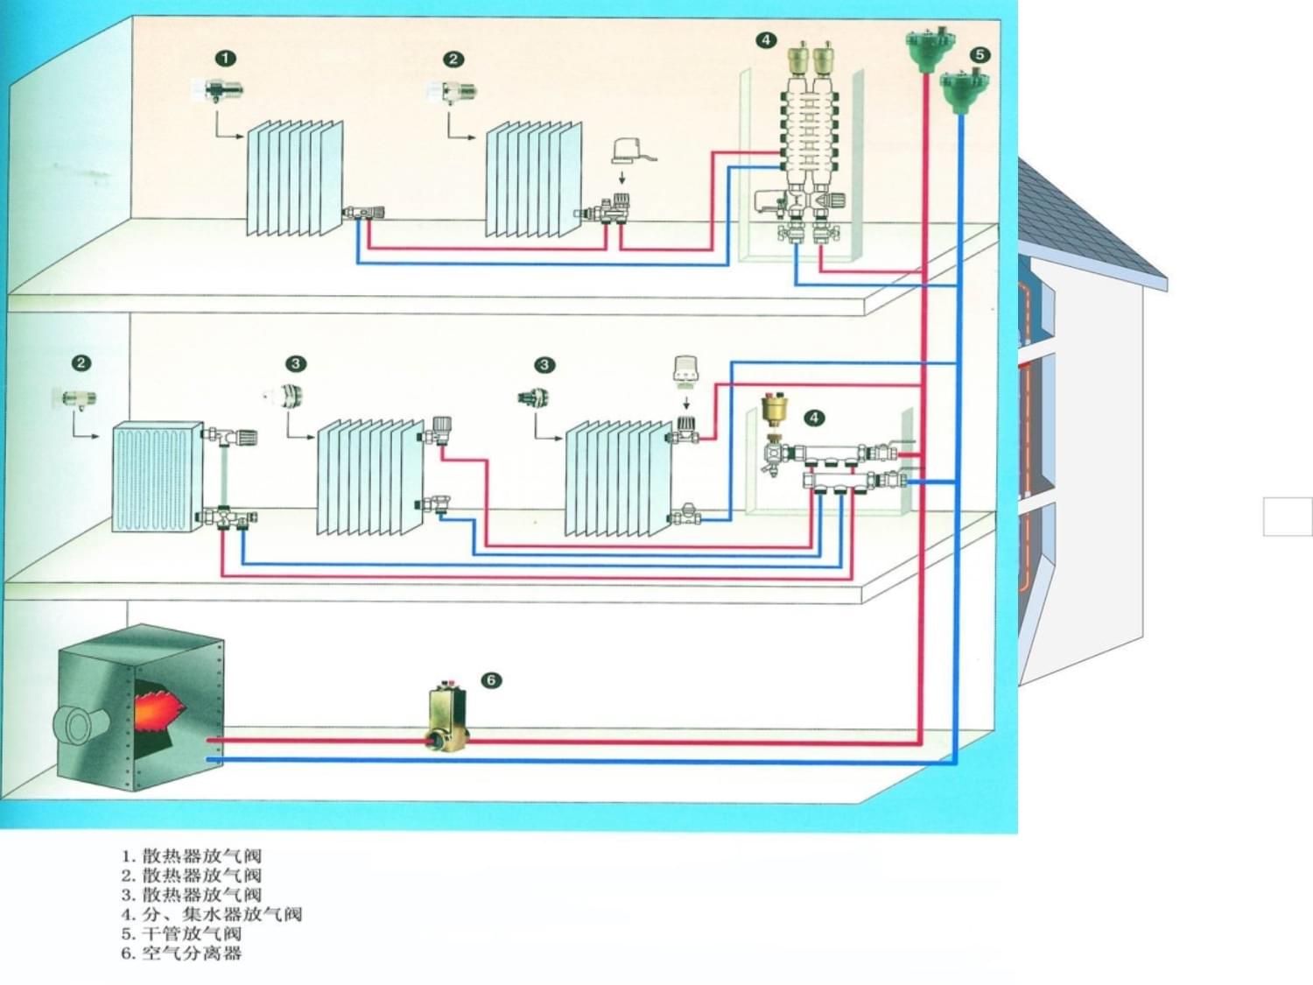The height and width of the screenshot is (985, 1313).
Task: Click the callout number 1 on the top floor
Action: pyautogui.click(x=225, y=59)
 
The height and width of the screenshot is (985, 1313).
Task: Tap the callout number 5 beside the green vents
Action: pyautogui.click(x=979, y=55)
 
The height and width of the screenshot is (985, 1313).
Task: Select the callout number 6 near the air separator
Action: pyautogui.click(x=491, y=680)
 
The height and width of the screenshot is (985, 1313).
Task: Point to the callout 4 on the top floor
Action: pyautogui.click(x=766, y=40)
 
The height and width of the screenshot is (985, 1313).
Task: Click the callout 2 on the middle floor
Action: pyautogui.click(x=81, y=363)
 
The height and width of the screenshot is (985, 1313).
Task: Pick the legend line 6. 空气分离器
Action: pyautogui.click(x=181, y=953)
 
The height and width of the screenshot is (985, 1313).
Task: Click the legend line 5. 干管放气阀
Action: pyautogui.click(x=181, y=933)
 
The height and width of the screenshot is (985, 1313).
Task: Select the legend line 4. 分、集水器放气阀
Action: pyautogui.click(x=211, y=914)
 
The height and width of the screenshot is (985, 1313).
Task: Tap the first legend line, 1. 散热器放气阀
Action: pyautogui.click(x=191, y=855)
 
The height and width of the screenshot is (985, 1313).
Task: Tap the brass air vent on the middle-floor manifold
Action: pyautogui.click(x=774, y=409)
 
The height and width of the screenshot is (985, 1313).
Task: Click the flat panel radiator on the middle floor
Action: pyautogui.click(x=156, y=477)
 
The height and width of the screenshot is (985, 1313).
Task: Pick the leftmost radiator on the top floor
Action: pyautogui.click(x=294, y=179)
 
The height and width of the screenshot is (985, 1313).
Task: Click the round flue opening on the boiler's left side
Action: pyautogui.click(x=79, y=724)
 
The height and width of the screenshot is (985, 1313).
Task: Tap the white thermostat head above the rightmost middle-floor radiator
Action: pyautogui.click(x=685, y=369)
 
